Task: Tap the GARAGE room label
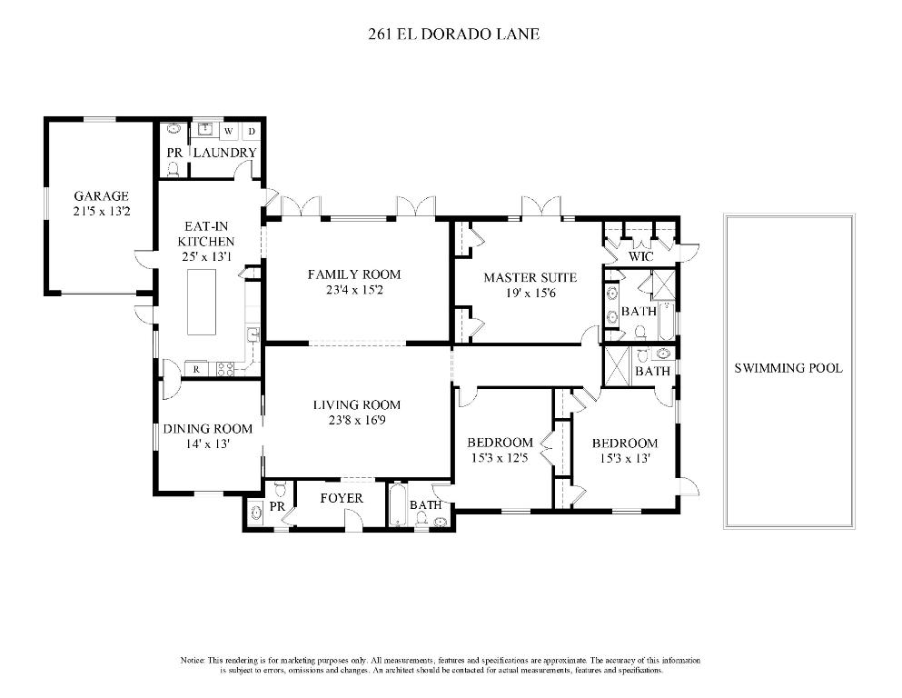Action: click(101, 195)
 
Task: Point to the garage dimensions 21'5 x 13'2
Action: click(101, 212)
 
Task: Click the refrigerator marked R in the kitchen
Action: click(196, 368)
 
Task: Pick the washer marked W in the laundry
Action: click(228, 131)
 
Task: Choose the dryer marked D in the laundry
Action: click(252, 131)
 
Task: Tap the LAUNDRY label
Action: click(224, 152)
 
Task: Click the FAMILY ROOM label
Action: click(353, 274)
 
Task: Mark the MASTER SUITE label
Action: click(530, 277)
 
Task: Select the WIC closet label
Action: click(641, 257)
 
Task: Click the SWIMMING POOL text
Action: click(788, 368)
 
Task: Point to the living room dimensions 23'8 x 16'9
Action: click(357, 420)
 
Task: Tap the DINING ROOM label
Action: click(207, 429)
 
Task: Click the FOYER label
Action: click(342, 498)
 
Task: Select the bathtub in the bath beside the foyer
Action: click(397, 507)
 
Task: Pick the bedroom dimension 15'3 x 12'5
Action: click(500, 458)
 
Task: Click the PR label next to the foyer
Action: click(278, 505)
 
